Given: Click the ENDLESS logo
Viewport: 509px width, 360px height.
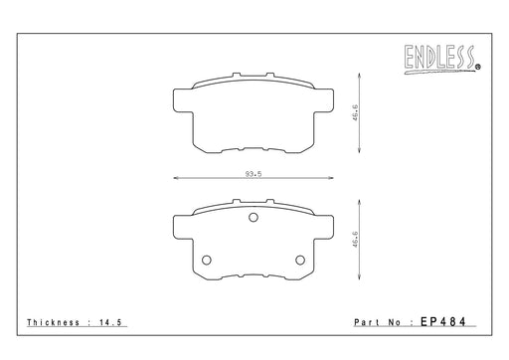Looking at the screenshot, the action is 439,60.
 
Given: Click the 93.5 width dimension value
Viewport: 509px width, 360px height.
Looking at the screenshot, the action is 254,174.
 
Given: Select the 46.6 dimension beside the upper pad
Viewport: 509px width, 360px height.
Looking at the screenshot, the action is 355,112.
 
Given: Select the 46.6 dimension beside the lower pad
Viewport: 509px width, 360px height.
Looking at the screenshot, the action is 355,240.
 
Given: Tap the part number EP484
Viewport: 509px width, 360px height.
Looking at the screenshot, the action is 443,321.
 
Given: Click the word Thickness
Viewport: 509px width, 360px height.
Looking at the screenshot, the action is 54,322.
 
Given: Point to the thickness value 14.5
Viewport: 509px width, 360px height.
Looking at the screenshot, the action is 111,322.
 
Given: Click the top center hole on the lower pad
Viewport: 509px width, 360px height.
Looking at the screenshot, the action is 254,218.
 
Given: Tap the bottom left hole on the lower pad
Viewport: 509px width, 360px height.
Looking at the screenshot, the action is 207,261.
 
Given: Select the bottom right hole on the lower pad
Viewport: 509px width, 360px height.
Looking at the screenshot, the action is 300,261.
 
